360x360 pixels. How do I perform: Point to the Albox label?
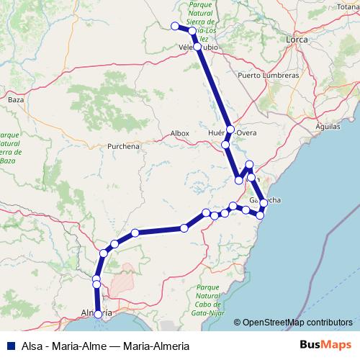[179, 133]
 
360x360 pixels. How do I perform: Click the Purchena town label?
[123, 145]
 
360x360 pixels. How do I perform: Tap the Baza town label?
[15, 99]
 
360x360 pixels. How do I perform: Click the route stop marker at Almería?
[98, 314]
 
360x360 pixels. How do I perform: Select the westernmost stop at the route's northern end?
[174, 26]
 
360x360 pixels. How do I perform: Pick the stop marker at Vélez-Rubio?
[197, 46]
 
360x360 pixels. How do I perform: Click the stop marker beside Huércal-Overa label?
[230, 130]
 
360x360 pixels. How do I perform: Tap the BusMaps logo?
[325, 344]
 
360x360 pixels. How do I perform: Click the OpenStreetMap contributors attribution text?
[297, 322]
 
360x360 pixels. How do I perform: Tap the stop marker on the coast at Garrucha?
[264, 202]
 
